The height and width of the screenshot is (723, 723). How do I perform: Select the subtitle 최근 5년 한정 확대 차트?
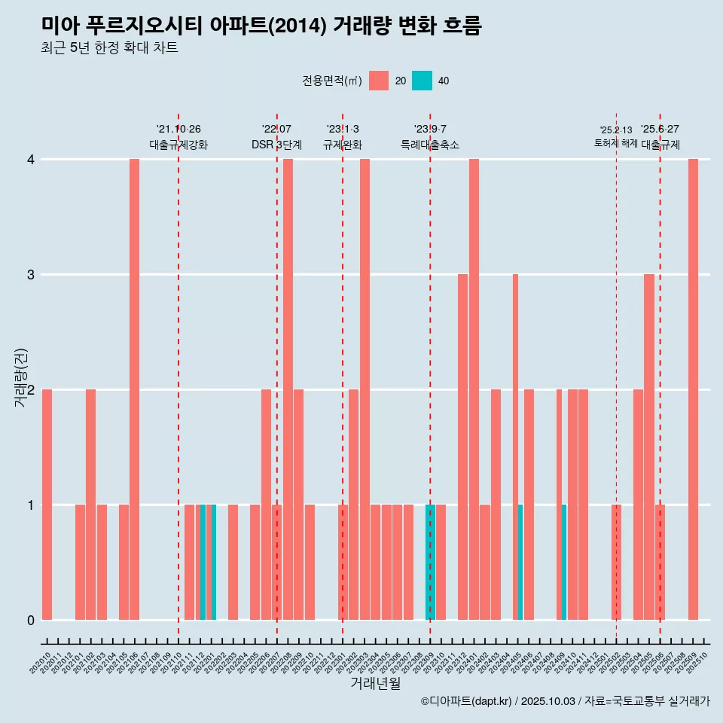pos(109,49)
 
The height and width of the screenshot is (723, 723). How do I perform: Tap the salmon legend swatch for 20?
pos(379,81)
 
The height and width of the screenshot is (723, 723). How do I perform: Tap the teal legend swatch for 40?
pos(422,81)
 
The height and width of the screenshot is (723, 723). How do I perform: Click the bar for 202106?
pos(134,389)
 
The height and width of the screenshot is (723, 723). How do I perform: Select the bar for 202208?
pos(288,389)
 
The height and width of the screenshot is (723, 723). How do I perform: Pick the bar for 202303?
pos(365,389)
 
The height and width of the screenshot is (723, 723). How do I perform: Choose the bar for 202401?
pos(474,389)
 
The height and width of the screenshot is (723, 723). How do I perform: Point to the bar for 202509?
pos(693,389)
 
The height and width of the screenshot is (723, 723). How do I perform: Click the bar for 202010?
pos(47,505)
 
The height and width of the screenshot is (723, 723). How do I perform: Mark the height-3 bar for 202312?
pos(462,447)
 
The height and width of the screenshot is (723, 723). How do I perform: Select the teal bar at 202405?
pos(520,562)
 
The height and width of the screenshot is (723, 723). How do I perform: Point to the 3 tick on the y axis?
pos(31,274)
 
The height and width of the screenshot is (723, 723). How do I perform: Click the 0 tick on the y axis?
pos(31,620)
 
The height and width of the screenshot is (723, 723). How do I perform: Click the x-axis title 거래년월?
pos(375,683)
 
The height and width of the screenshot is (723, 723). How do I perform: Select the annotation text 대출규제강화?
pos(178,145)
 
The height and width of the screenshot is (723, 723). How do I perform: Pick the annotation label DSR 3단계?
pos(276,145)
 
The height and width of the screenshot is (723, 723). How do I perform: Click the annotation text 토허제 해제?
pos(616,142)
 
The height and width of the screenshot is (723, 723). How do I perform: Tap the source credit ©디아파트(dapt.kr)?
pos(467,701)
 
